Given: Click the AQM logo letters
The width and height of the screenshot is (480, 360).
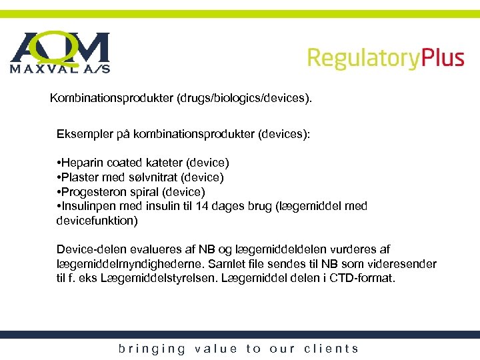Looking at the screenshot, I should pyautogui.click(x=60, y=47).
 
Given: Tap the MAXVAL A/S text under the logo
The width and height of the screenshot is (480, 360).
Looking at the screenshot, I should pyautogui.click(x=60, y=68).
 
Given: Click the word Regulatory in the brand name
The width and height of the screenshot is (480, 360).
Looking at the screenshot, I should pyautogui.click(x=364, y=58).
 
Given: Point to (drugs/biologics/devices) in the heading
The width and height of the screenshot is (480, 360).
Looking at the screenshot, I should pyautogui.click(x=243, y=99).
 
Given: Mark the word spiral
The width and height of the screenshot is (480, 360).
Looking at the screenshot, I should pyautogui.click(x=142, y=192).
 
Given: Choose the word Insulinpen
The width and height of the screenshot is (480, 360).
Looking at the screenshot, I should pyautogui.click(x=87, y=207).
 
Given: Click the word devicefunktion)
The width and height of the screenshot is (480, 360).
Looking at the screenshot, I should pyautogui.click(x=97, y=221).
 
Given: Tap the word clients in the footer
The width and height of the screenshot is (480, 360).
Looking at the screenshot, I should pyautogui.click(x=331, y=349).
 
